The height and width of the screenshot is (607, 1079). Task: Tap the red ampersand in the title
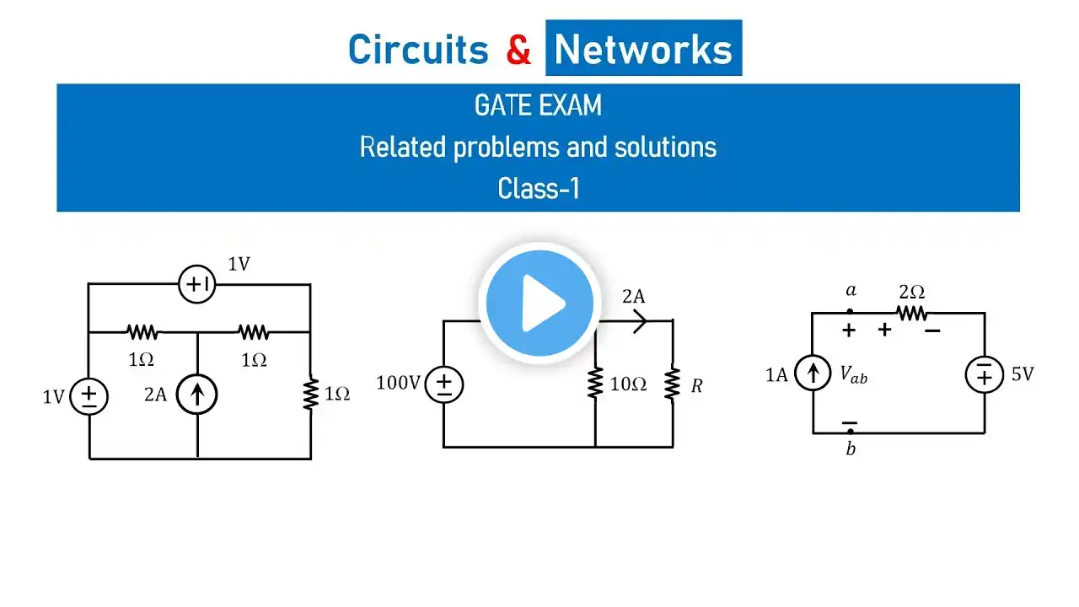coord(518,50)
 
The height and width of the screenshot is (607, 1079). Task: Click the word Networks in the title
coord(643,50)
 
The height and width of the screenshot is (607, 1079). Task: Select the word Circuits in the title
coord(418,50)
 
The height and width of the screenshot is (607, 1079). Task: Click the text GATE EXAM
coord(538,106)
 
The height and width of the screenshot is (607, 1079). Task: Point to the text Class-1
coord(538,188)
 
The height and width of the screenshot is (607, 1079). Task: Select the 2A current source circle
coord(197,394)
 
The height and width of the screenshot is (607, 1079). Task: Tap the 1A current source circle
coord(813,374)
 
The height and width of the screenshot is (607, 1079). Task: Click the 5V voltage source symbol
coord(984,374)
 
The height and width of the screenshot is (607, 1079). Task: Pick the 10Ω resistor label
coord(628,385)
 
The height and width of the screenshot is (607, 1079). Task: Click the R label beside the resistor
coord(696,386)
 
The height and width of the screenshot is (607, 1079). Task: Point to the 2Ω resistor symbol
coord(911,313)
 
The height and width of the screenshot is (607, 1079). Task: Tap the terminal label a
coord(851,291)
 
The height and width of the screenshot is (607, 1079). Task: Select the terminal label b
coord(851,449)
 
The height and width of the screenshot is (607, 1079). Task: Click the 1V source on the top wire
coord(197,285)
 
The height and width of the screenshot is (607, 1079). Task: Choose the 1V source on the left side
coord(89,395)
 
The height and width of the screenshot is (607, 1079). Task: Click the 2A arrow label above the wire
coord(633,296)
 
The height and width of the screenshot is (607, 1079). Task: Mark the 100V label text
coord(398,384)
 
